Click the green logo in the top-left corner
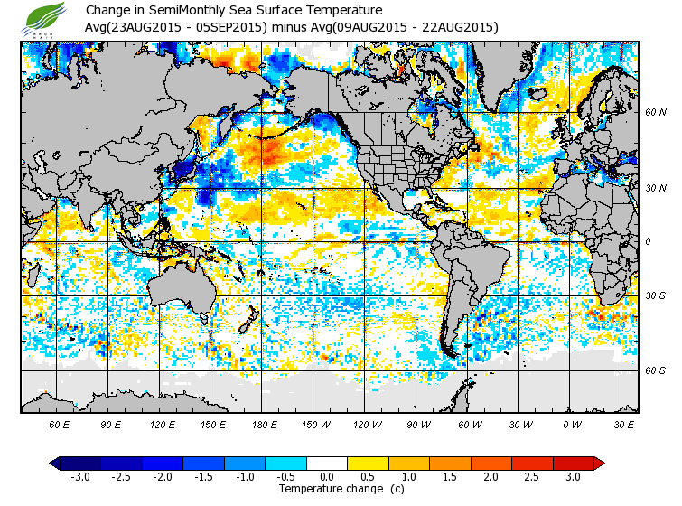click(46, 18)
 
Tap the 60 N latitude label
click(655, 113)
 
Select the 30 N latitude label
click(655, 187)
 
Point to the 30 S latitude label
click(655, 296)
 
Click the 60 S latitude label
click(655, 370)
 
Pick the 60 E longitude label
click(60, 424)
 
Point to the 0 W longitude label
click(572, 424)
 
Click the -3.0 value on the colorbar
click(80, 477)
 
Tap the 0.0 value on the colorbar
click(326, 477)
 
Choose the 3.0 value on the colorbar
click(572, 477)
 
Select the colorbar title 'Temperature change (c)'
click(327, 489)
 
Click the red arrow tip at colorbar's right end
click(599, 464)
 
